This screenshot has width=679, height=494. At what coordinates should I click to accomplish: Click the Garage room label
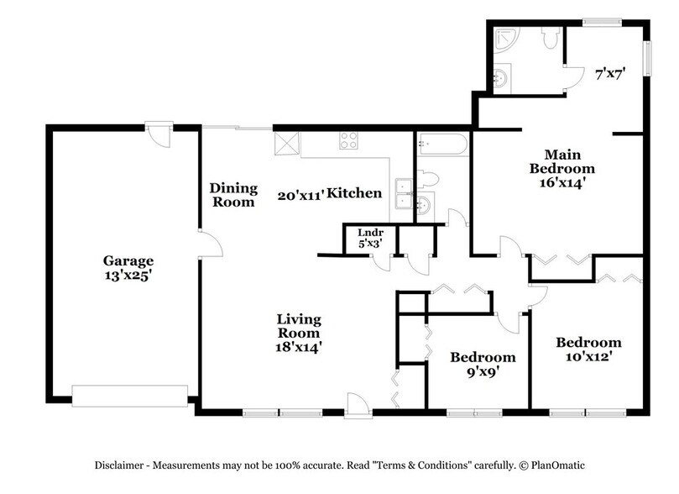pos(128,260)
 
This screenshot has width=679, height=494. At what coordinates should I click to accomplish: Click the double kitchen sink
pos(404,193)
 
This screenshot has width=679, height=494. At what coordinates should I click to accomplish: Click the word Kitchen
pos(354,194)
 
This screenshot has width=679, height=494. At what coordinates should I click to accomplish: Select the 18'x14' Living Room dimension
pos(300,345)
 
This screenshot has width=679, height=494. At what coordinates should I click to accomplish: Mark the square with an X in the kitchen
pos(285,144)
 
